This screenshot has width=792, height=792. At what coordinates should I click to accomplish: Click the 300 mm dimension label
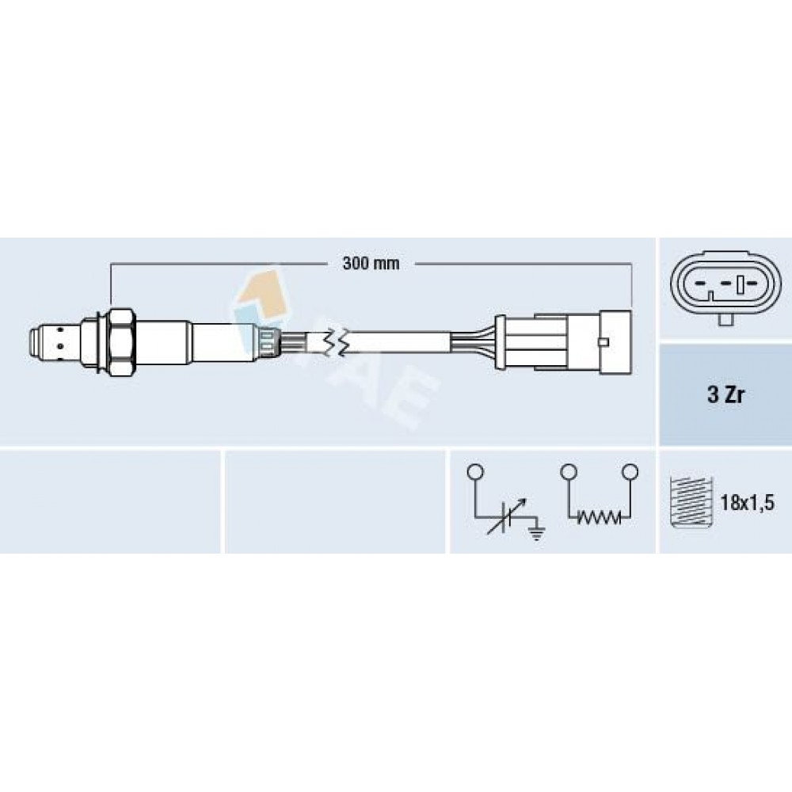pos(371,263)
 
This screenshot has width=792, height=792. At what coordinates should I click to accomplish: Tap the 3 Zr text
pos(725,395)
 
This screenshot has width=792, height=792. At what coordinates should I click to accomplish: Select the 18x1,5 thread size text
pos(747,503)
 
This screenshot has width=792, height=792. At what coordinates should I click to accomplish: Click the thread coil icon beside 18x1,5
pos(691,502)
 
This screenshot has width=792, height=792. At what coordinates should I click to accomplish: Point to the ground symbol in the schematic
pos(538,532)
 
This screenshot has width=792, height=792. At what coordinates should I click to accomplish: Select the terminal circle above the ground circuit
pos(476,472)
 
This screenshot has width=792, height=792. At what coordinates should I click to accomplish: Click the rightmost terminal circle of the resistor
pos(630,472)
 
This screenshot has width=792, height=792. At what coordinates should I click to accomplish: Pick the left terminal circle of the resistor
pos(569,472)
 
